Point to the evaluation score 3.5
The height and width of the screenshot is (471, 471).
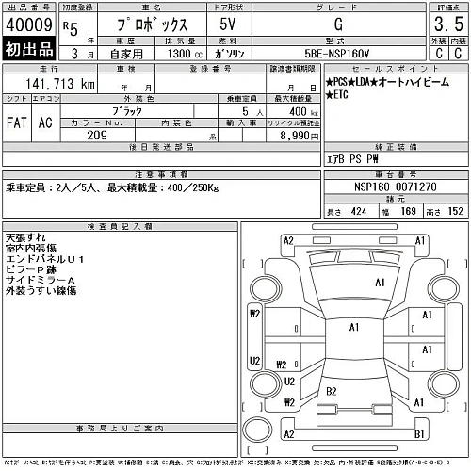tap(447, 24)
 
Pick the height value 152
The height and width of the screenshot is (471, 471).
tap(456, 211)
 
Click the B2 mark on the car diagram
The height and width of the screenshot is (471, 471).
tap(332, 390)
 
